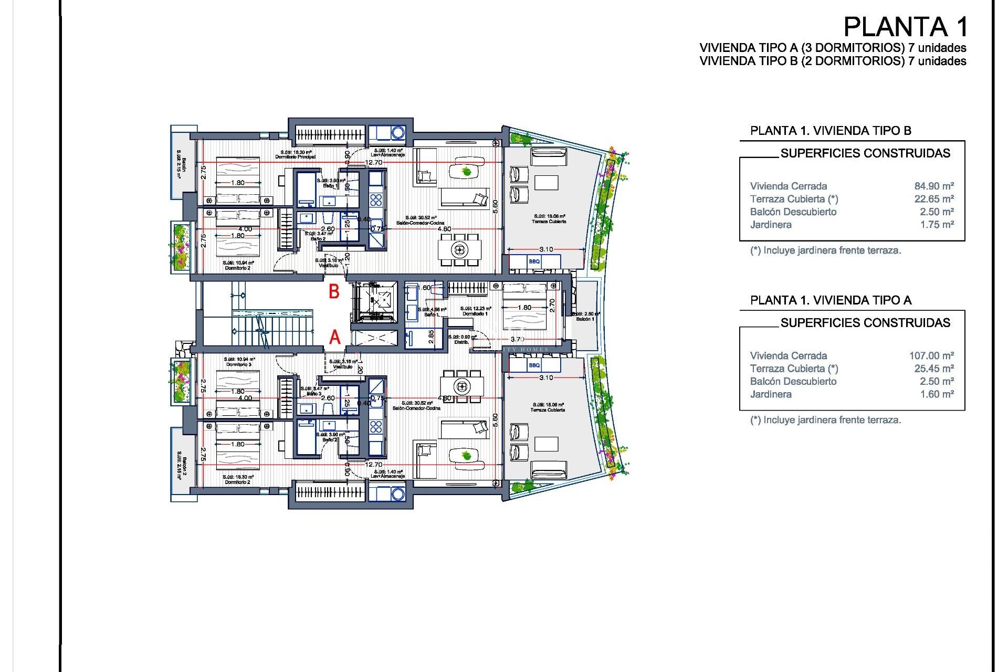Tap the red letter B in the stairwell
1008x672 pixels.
click(334, 292)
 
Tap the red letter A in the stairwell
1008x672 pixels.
click(334, 337)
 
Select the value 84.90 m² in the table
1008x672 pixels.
click(933, 186)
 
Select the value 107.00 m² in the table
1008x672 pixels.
click(931, 355)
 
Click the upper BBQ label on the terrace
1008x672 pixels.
click(534, 261)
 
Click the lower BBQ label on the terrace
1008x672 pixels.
click(534, 365)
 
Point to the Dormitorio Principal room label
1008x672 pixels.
click(296, 156)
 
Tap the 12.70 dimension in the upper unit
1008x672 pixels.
click(374, 163)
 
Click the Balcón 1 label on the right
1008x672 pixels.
click(585, 319)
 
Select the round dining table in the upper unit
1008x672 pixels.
click(460, 249)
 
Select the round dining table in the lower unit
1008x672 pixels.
click(462, 387)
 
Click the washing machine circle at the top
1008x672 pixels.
click(397, 133)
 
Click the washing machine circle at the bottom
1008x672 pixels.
click(397, 493)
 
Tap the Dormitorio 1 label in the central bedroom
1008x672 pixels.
click(475, 313)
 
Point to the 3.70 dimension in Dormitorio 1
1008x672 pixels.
click(517, 340)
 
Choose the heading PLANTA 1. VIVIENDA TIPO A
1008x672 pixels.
click(831, 300)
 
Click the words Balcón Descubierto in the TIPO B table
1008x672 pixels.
click(793, 212)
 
